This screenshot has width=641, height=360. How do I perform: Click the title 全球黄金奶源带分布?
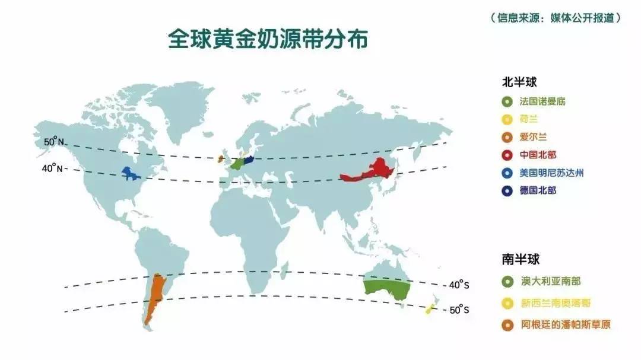tap(268, 39)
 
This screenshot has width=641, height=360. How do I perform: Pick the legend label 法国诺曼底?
tap(542, 101)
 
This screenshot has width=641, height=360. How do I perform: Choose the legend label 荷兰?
tap(529, 119)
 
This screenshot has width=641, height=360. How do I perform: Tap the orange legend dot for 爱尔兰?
tap(507, 137)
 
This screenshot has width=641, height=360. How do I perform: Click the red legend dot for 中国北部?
tap(507, 155)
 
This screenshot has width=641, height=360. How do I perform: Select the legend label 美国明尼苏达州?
tap(551, 173)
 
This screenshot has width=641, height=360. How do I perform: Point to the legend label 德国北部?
tap(538, 191)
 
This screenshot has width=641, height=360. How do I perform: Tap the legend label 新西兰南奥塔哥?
tap(555, 303)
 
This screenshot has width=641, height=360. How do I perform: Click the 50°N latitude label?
tap(53, 142)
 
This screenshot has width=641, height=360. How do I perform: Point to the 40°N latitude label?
tap(52, 168)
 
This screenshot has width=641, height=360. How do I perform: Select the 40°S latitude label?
tap(459, 285)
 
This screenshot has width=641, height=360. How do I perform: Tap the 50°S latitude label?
tap(459, 310)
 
